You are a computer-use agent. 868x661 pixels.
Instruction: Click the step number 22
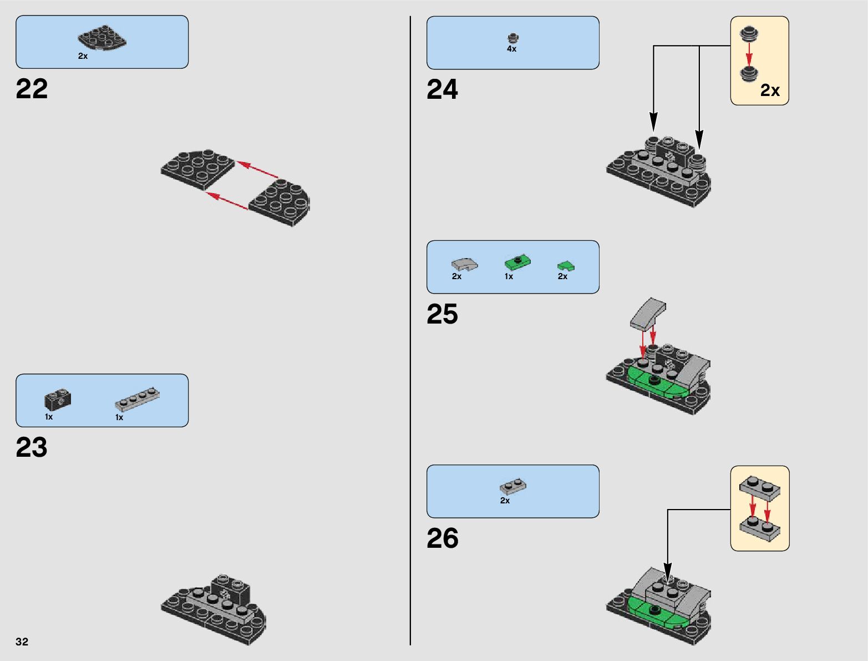pos(32,89)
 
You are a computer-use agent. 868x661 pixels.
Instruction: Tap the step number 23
pos(32,447)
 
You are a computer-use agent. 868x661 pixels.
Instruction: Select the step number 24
pos(443,90)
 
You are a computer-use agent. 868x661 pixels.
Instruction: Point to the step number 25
pos(443,314)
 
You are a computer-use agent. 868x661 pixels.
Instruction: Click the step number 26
pos(443,538)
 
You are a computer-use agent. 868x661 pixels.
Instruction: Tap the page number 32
pos(22,642)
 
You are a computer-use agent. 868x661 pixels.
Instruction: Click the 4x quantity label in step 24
pos(511,49)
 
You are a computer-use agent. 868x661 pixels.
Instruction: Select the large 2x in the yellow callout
pos(770,90)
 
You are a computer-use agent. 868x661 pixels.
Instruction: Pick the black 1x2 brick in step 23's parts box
pos(58,399)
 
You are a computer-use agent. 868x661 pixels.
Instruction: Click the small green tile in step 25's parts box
pos(566,266)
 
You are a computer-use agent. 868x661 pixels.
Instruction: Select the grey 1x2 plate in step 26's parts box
pos(513,487)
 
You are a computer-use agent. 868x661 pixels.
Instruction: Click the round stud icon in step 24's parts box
pos(513,38)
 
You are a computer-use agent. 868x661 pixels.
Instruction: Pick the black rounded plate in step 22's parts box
pos(102,38)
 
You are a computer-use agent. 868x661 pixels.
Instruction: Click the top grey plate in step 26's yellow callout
pos(759,487)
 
